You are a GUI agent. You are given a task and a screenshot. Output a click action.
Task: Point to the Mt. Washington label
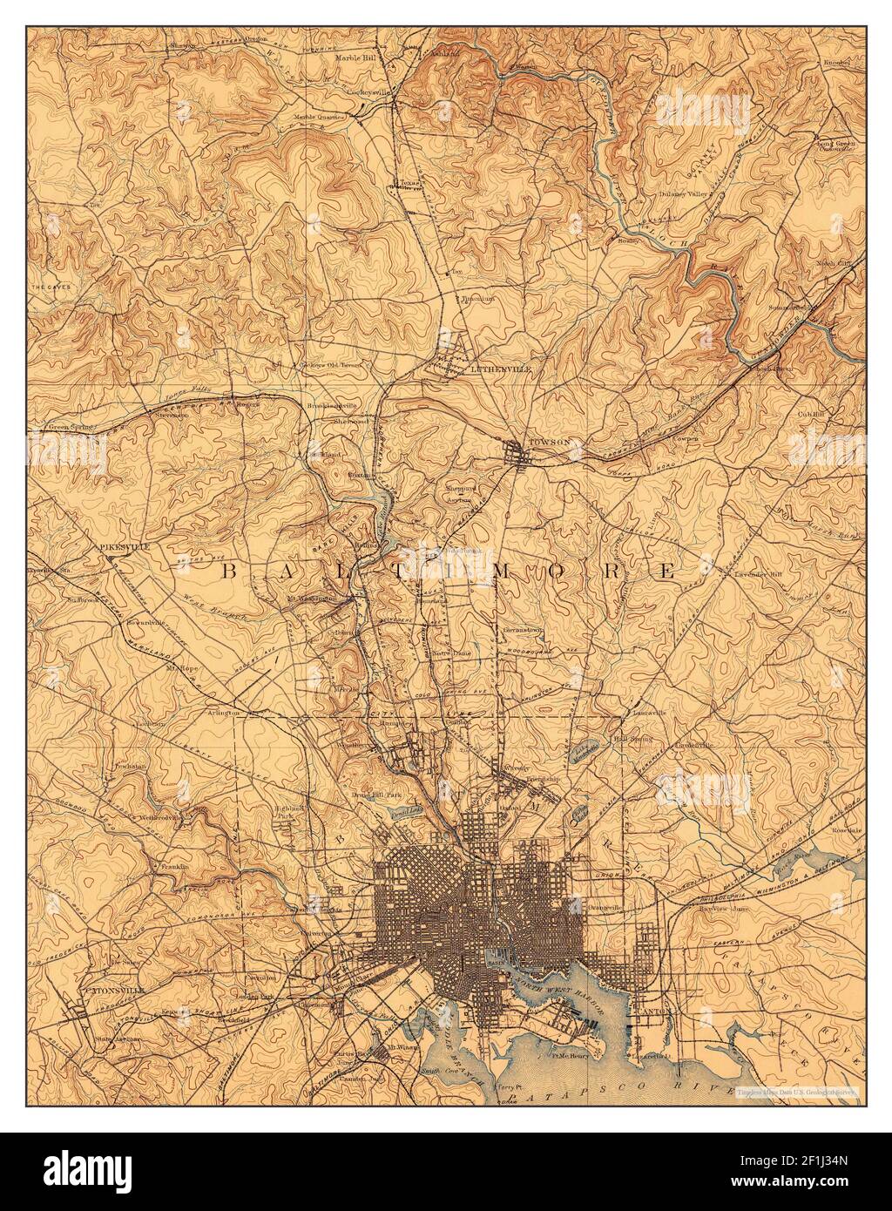pos(311,599)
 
